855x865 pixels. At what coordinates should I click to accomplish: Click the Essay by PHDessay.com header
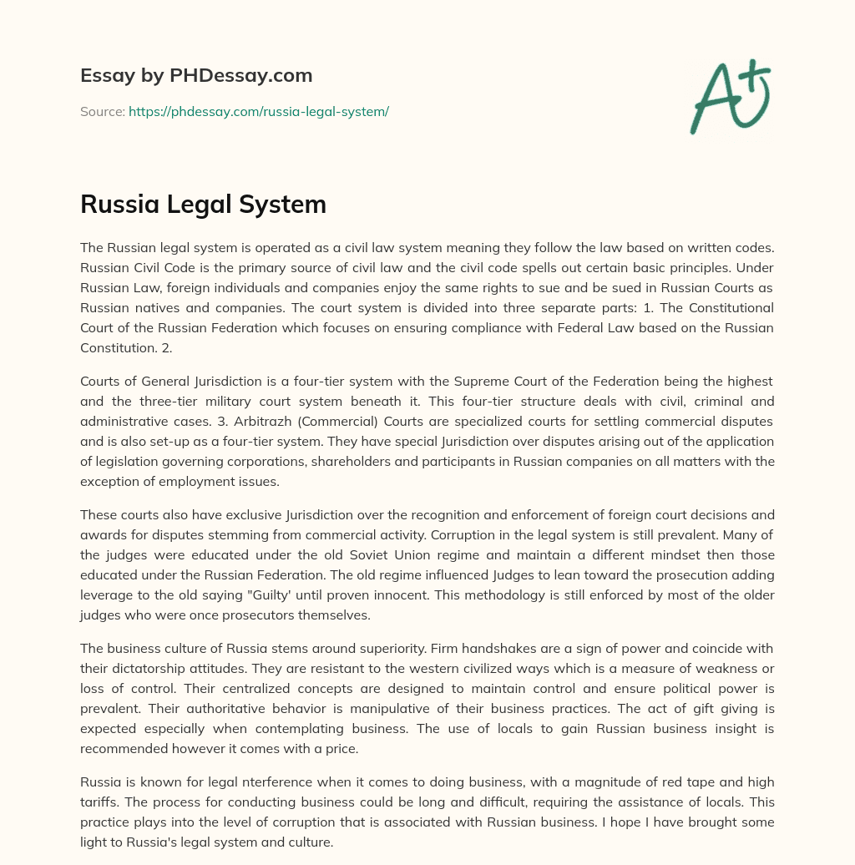pos(196,76)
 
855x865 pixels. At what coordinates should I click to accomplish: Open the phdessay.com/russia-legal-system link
pos(259,111)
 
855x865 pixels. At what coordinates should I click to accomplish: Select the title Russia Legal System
pos(203,205)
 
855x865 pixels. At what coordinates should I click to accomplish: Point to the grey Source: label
pos(102,111)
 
